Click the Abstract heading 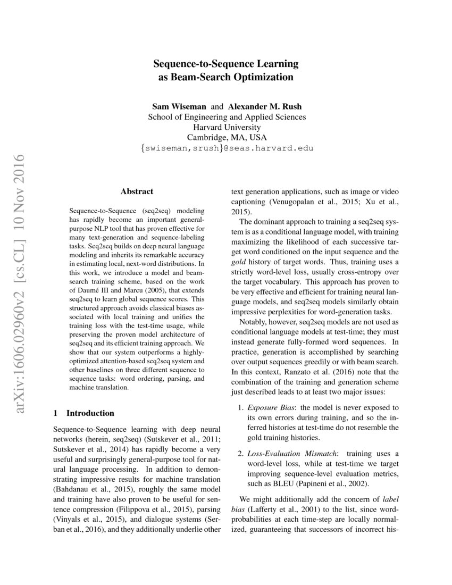(137, 191)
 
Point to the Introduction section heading (90, 413)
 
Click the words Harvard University (226, 127)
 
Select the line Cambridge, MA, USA (226, 137)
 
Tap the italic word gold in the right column (239, 263)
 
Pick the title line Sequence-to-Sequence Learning (226, 64)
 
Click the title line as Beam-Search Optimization (226, 77)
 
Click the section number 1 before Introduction (56, 413)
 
